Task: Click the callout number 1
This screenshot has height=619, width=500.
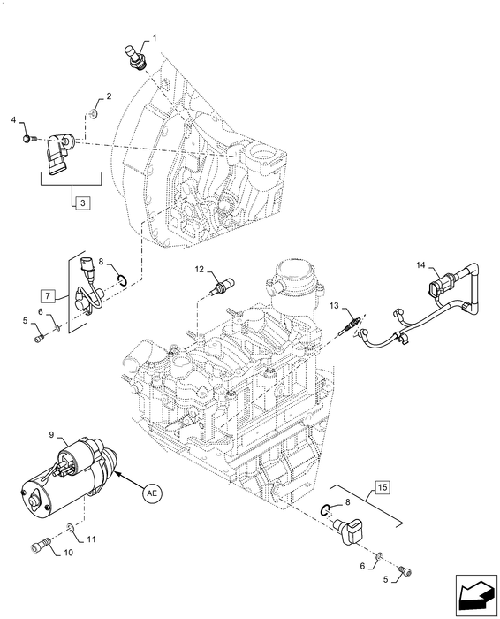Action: click(x=155, y=38)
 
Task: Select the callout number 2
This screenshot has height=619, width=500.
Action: click(x=109, y=96)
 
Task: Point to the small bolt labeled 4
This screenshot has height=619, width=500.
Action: click(x=28, y=137)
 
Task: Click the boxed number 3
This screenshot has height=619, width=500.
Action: click(x=82, y=203)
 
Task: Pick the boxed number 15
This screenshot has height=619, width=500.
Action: click(x=381, y=486)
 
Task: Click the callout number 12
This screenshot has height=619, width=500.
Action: click(x=200, y=268)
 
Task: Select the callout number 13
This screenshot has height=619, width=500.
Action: click(x=335, y=305)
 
